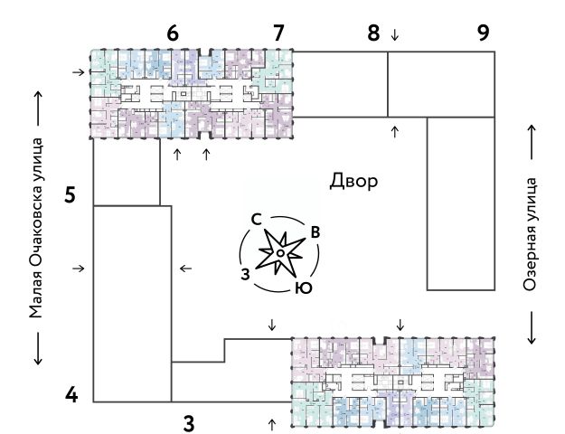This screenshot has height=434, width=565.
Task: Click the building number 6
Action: click(173, 33)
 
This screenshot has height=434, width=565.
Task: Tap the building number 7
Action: click(278, 33)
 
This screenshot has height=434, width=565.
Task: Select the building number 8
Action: click(373, 33)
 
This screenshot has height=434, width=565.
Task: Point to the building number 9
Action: click(484, 33)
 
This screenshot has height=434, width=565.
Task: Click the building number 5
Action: click(71, 194)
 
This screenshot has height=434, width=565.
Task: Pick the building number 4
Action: click(73, 395)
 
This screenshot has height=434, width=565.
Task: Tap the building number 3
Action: click(189, 421)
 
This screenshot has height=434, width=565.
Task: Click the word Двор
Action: click(354, 181)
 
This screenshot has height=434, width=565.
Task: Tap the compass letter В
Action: click(315, 232)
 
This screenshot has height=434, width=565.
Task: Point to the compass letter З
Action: click(244, 273)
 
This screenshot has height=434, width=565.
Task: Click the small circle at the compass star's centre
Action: click(281, 254)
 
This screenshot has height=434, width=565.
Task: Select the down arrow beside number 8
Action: click(394, 35)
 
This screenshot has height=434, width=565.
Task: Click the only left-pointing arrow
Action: click(186, 268)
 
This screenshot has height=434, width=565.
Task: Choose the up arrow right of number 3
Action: click(272, 422)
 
